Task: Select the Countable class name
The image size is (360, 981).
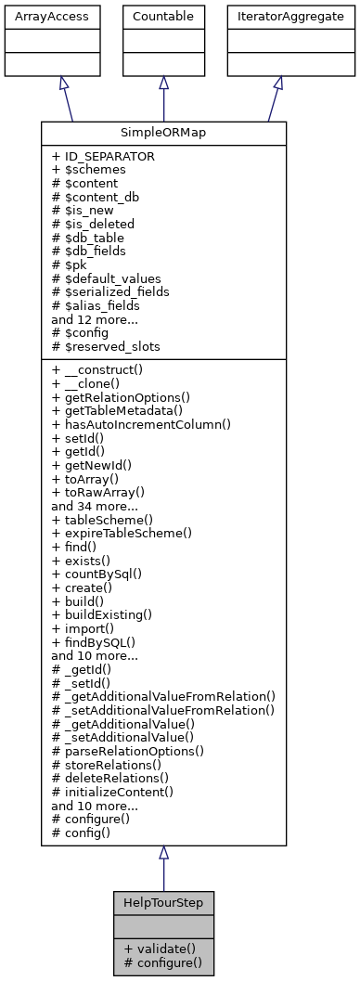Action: [x=163, y=17]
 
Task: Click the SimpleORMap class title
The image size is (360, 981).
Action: [x=163, y=133]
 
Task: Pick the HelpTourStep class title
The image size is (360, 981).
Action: [x=163, y=902]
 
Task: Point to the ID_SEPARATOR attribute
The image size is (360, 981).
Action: [x=103, y=157]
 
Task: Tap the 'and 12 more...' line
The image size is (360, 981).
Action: [x=95, y=318]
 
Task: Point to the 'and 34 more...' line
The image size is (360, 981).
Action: [x=95, y=507]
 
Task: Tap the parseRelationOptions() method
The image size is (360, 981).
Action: [x=128, y=750]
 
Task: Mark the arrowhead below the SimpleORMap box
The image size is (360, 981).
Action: [x=163, y=853]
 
